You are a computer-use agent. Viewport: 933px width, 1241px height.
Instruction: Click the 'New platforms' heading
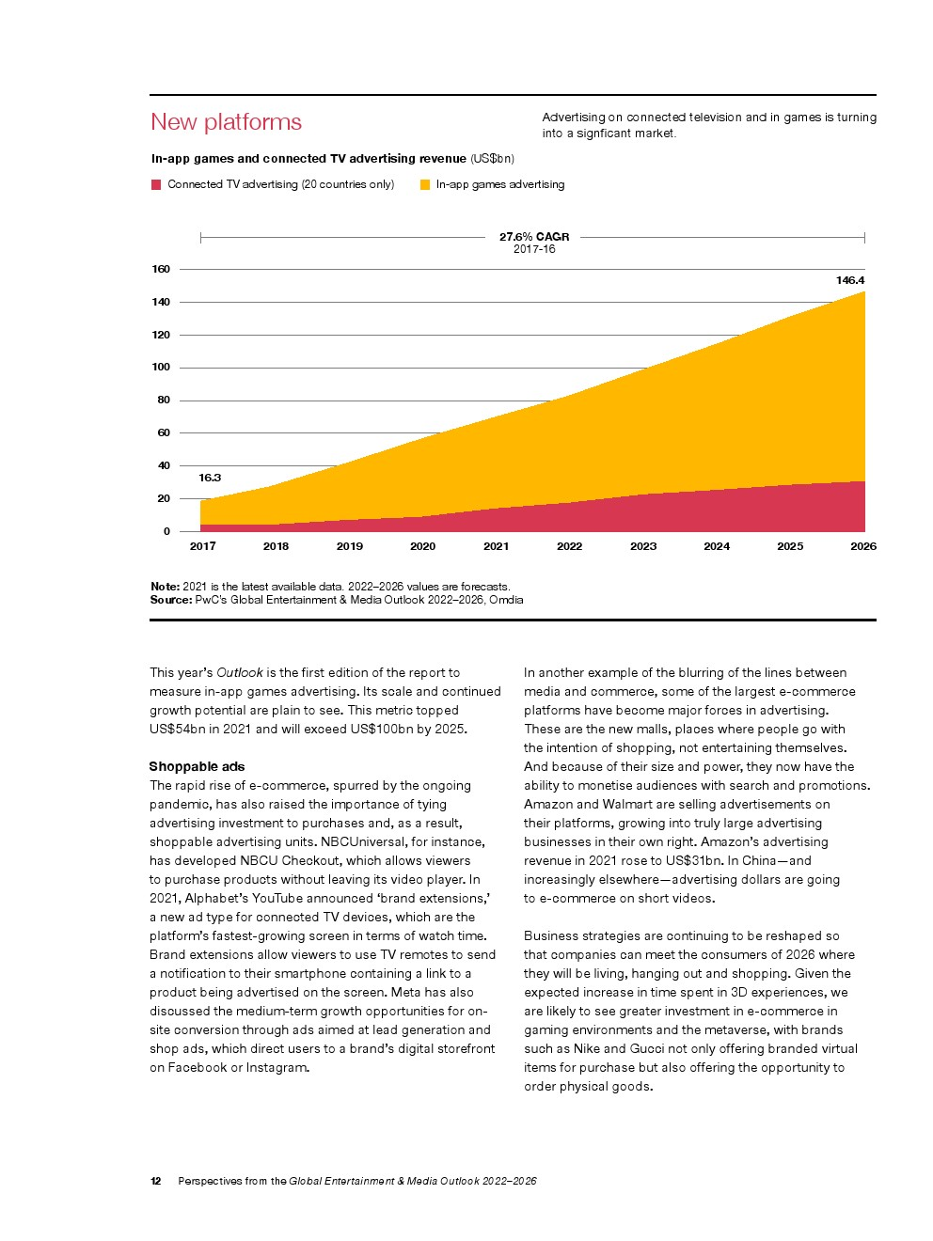226,122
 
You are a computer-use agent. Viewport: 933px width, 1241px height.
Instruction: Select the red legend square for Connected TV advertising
156,184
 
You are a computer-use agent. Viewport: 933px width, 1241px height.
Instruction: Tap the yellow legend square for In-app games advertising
425,184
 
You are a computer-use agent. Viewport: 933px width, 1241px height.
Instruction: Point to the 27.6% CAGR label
534,237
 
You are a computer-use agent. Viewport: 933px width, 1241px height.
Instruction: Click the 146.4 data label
850,280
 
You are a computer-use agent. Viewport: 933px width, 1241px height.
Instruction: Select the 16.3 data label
209,478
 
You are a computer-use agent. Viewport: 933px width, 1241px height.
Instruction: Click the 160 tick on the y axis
161,269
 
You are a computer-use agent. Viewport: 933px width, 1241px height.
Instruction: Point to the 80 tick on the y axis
164,400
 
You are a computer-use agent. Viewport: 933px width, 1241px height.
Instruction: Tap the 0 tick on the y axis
166,531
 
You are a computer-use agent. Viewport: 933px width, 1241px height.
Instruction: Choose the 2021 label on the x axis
496,546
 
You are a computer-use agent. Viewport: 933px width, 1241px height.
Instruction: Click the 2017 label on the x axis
202,546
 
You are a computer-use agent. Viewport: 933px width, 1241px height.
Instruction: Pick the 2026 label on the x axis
863,546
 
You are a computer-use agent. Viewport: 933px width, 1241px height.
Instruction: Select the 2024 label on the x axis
717,546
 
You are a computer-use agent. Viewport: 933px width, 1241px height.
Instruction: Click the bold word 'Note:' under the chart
165,587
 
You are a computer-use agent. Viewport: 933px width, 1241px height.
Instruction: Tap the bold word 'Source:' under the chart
171,599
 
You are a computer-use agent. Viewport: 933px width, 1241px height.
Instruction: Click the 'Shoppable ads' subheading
197,766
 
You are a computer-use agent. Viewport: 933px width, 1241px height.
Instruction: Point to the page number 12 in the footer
155,1181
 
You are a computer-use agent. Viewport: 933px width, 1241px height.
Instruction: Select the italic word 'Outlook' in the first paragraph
240,672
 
